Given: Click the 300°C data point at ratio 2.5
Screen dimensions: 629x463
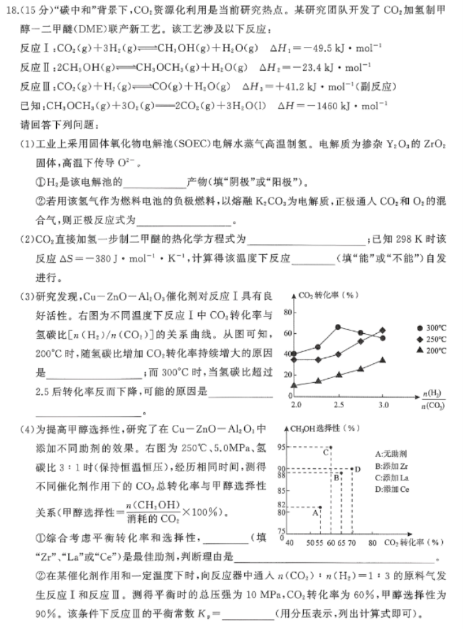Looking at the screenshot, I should (x=339, y=327).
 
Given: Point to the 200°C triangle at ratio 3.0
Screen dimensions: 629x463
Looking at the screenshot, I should (x=383, y=360).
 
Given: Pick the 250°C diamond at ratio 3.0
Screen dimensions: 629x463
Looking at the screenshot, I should (x=383, y=329).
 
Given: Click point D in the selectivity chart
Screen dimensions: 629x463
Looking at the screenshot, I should (x=353, y=468).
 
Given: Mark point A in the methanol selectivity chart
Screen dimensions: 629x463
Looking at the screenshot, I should (x=320, y=507).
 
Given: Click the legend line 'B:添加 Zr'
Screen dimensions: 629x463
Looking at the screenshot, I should (x=395, y=466).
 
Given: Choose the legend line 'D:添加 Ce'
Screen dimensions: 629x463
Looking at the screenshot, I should (x=395, y=490).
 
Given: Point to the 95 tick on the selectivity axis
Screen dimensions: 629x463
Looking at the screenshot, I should (x=283, y=446).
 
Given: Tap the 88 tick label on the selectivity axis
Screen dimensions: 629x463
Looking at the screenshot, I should (x=283, y=475).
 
